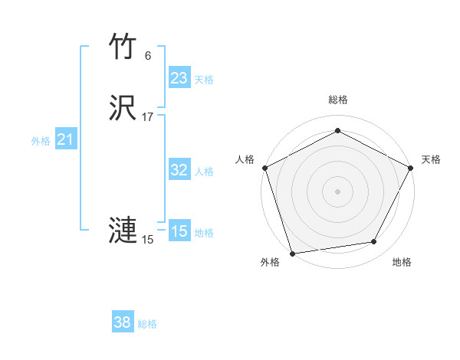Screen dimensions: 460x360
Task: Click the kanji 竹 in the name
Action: point(123,47)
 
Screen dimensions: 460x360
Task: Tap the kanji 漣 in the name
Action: point(123,231)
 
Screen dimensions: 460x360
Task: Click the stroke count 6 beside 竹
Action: point(148,55)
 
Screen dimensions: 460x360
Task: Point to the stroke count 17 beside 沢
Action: point(148,117)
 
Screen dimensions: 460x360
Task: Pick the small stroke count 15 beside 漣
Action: point(148,240)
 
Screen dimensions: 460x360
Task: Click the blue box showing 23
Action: point(179,78)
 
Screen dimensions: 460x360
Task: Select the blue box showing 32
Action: point(179,170)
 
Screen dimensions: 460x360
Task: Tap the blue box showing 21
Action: point(65,139)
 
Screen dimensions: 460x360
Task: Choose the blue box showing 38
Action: point(123,322)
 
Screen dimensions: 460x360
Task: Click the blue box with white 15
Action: point(179,231)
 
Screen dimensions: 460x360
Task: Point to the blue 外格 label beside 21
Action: point(41,141)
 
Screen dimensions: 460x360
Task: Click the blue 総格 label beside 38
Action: point(147,324)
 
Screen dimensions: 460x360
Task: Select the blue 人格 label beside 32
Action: point(205,172)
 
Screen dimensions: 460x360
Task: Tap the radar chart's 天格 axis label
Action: point(431,159)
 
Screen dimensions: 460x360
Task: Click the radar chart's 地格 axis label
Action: point(402,262)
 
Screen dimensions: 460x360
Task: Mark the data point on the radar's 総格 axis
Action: point(337,131)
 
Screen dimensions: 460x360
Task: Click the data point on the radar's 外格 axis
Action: point(292,253)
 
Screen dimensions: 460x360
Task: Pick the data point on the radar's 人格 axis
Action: point(264,167)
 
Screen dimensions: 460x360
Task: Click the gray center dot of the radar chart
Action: point(337,191)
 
